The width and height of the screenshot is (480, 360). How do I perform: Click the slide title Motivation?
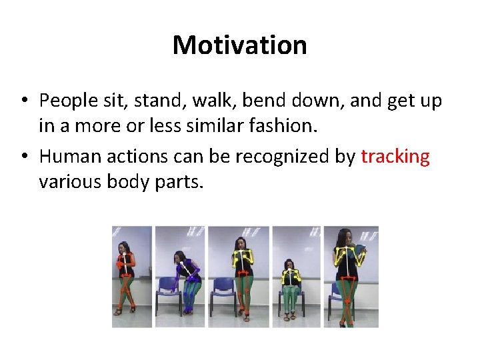click(x=239, y=45)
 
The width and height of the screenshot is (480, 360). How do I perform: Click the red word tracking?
click(x=395, y=157)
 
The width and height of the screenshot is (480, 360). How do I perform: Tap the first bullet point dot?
click(x=23, y=101)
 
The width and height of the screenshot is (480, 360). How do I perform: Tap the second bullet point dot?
click(x=23, y=157)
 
